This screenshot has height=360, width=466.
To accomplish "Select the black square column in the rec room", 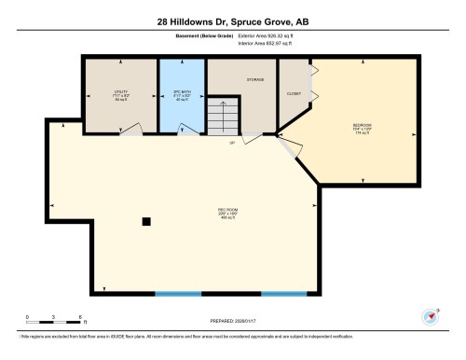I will pyautogui.click(x=145, y=221).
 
